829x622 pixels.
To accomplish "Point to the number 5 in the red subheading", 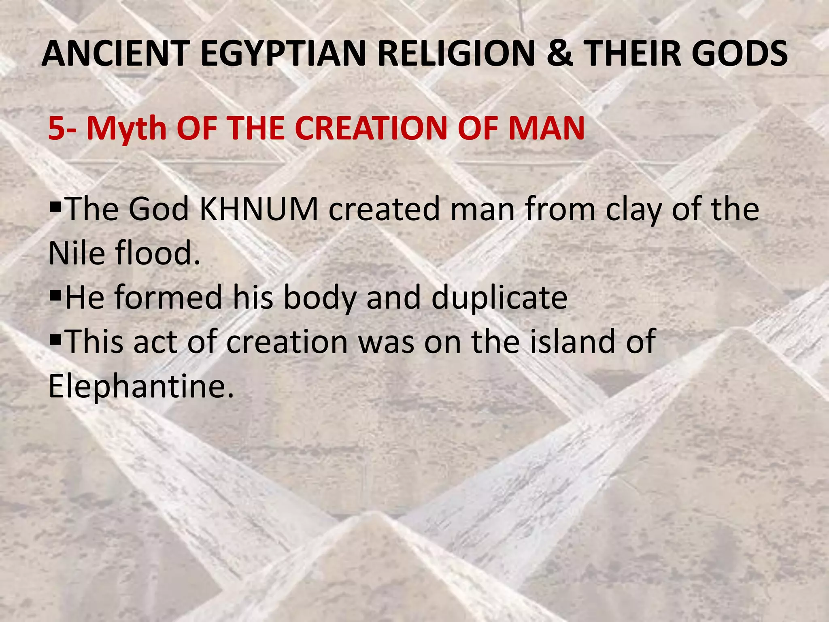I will (55, 128).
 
